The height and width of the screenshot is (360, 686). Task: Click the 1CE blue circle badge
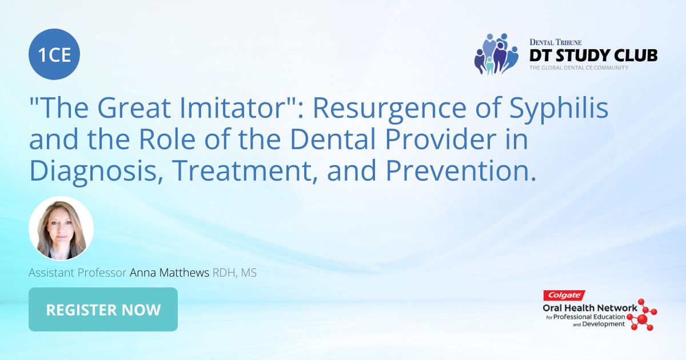click(54, 54)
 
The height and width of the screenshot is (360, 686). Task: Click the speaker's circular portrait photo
click(61, 229)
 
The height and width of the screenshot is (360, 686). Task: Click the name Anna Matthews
click(170, 273)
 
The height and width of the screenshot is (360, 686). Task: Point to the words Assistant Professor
click(78, 273)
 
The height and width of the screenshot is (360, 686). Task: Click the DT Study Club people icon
click(496, 54)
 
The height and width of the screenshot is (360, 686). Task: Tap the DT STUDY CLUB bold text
click(593, 55)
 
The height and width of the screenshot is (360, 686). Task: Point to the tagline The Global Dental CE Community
click(579, 68)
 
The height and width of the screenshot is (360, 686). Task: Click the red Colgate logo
click(564, 296)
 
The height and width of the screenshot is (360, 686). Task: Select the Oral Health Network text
click(589, 308)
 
